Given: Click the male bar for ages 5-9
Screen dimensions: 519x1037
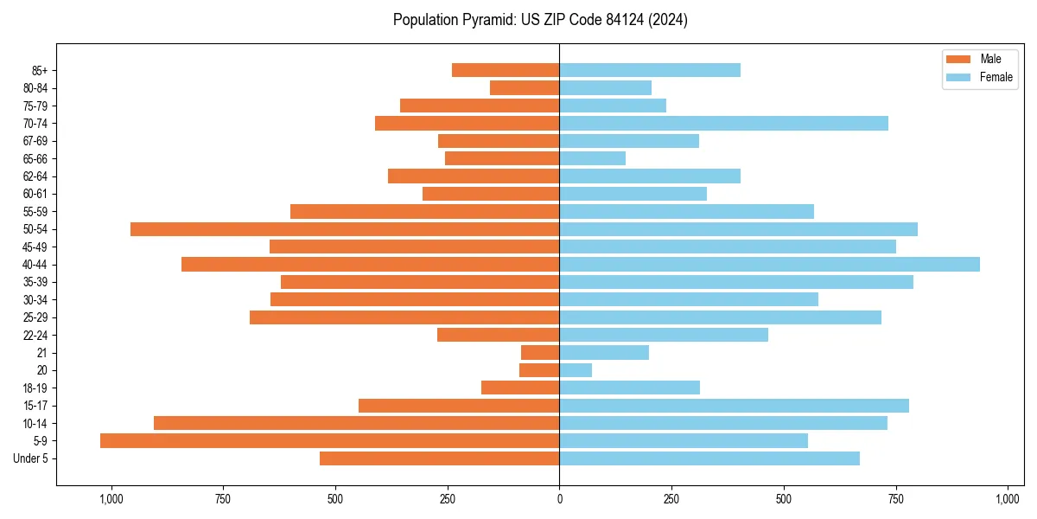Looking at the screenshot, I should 329,441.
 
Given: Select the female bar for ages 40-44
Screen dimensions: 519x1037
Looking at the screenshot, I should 769,265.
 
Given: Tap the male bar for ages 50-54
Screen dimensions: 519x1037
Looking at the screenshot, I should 345,229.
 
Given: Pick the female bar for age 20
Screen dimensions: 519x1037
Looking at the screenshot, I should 576,370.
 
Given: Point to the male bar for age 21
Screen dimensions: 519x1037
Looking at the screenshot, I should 540,353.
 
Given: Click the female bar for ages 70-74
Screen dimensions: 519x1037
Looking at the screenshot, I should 723,124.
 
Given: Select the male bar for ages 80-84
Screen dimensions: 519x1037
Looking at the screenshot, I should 525,88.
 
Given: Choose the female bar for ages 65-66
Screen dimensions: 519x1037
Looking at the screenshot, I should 592,158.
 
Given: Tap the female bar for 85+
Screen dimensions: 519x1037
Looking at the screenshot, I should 650,70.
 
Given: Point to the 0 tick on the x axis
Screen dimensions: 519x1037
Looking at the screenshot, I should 559,499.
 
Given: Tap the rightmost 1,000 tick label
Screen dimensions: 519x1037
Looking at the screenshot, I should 1008,499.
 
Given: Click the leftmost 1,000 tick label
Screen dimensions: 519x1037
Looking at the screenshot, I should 111,499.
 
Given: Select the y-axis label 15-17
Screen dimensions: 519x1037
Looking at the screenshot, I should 35,406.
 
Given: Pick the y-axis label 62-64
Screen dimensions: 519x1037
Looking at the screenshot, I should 35,176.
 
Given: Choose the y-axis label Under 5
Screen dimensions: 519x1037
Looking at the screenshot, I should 31,458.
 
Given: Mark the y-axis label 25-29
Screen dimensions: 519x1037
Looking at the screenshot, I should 35,317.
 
